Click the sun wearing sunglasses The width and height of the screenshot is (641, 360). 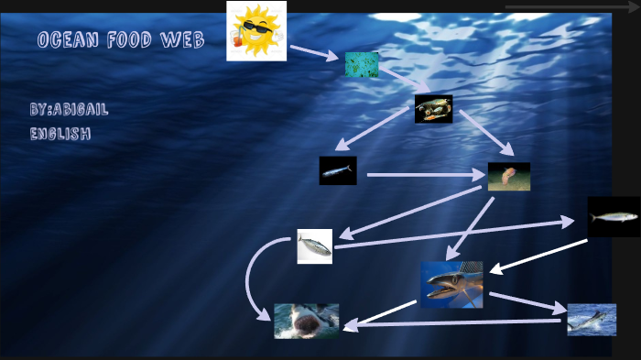[x=256, y=31]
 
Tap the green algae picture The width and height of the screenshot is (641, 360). [x=362, y=64]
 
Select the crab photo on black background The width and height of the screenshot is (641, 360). [x=433, y=109]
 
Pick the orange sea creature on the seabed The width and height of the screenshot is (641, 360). [x=508, y=176]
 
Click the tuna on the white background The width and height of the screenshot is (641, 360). [x=314, y=246]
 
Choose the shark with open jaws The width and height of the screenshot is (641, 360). [x=306, y=321]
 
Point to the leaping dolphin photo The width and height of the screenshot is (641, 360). [x=592, y=320]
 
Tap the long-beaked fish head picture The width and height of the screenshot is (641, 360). [x=451, y=284]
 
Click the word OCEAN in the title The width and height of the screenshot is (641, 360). [x=69, y=39]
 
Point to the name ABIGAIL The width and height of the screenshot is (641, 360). [x=81, y=109]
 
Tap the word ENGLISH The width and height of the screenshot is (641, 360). [x=60, y=134]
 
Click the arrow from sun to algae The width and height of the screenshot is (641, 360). [x=313, y=52]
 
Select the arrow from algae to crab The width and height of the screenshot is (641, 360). [x=402, y=81]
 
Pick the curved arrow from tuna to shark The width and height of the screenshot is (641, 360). [x=251, y=279]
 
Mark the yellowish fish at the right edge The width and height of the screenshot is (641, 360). [x=613, y=217]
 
